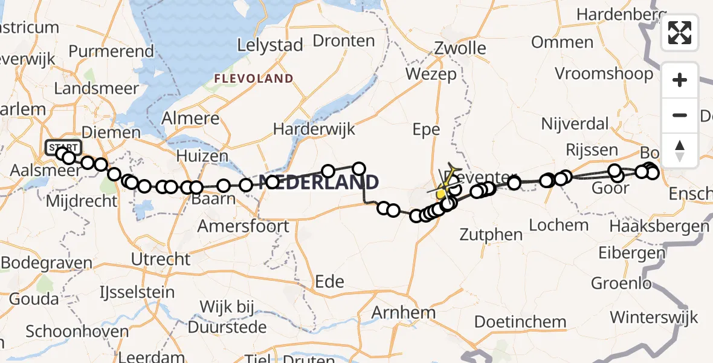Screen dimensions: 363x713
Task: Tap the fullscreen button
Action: point(680,33)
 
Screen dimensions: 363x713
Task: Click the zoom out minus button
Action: point(680,115)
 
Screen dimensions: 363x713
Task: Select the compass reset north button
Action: point(680,151)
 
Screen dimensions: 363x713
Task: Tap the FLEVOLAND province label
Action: point(254,79)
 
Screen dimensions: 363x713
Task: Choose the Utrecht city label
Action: point(161,259)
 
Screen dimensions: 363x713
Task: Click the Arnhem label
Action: point(404,313)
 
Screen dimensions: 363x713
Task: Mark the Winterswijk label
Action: point(654,317)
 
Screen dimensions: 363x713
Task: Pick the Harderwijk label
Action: point(314,129)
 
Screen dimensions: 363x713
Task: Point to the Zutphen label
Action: point(491,234)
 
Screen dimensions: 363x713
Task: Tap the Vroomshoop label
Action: point(604,74)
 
